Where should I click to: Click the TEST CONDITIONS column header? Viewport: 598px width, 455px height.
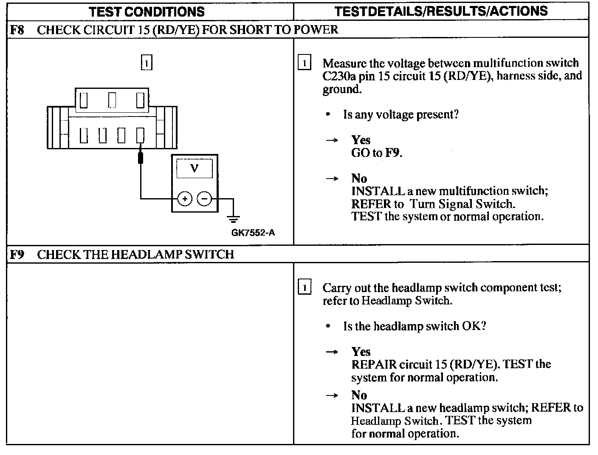pyautogui.click(x=147, y=11)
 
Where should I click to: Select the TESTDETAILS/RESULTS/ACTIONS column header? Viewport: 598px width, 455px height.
pyautogui.click(x=441, y=11)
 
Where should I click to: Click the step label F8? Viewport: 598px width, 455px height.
pyautogui.click(x=17, y=30)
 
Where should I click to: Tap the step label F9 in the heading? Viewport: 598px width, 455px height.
pyautogui.click(x=17, y=254)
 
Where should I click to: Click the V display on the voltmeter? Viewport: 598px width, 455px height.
pyautogui.click(x=195, y=168)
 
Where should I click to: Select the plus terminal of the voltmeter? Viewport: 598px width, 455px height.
pyautogui.click(x=185, y=199)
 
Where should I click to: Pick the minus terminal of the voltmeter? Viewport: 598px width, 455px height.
pyautogui.click(x=205, y=199)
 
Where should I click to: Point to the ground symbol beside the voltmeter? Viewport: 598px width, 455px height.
pyautogui.click(x=233, y=218)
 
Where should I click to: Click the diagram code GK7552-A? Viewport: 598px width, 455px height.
pyautogui.click(x=253, y=233)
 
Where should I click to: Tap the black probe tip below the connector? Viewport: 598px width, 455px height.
pyautogui.click(x=141, y=158)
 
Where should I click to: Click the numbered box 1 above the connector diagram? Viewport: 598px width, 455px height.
pyautogui.click(x=146, y=63)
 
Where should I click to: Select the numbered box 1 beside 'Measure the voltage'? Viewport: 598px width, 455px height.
pyautogui.click(x=305, y=63)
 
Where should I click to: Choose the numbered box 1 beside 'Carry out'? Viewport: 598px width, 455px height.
pyautogui.click(x=305, y=287)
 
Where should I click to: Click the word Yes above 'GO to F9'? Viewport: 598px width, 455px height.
pyautogui.click(x=361, y=140)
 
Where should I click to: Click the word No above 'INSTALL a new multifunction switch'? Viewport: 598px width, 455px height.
pyautogui.click(x=359, y=178)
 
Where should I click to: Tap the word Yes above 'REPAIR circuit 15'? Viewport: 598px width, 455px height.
pyautogui.click(x=361, y=352)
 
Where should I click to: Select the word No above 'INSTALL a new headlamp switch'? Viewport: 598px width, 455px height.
pyautogui.click(x=359, y=395)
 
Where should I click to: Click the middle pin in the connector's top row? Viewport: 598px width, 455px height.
pyautogui.click(x=112, y=100)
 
